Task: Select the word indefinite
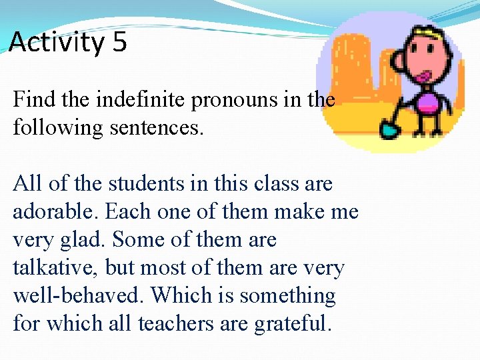142,100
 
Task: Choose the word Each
128,211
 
